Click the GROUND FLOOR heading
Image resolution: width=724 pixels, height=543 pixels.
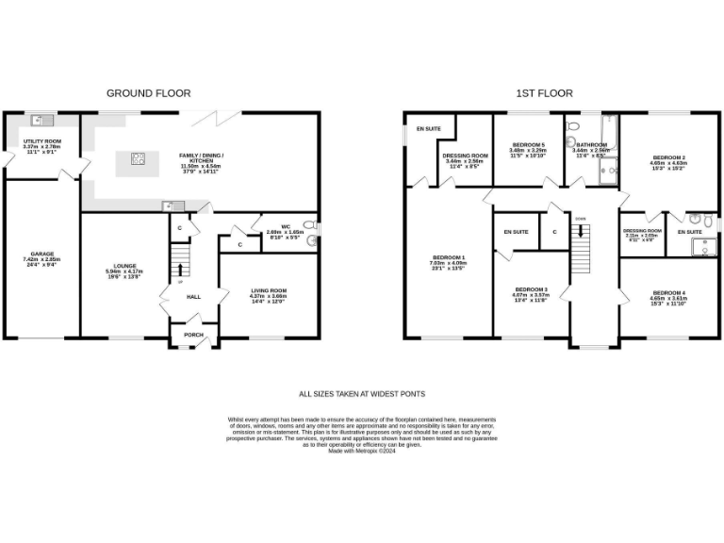(x=148, y=93)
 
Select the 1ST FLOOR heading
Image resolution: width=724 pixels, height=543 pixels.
(x=544, y=93)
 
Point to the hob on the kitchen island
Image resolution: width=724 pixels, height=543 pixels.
(x=139, y=158)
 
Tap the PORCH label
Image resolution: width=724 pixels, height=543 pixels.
(x=193, y=335)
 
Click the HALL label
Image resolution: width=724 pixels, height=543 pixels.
(x=193, y=296)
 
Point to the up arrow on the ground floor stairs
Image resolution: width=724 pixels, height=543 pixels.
(x=180, y=269)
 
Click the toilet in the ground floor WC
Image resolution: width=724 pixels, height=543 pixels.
(x=312, y=239)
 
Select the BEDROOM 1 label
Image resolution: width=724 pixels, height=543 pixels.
(x=449, y=256)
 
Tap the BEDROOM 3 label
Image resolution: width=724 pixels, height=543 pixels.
(x=531, y=289)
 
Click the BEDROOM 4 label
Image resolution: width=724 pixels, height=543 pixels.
(x=668, y=293)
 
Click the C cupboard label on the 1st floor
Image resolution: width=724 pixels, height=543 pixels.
(x=554, y=231)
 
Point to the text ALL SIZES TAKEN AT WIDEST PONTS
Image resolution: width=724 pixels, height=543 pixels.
(x=362, y=394)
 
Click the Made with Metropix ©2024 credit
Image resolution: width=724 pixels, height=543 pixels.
(x=362, y=451)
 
